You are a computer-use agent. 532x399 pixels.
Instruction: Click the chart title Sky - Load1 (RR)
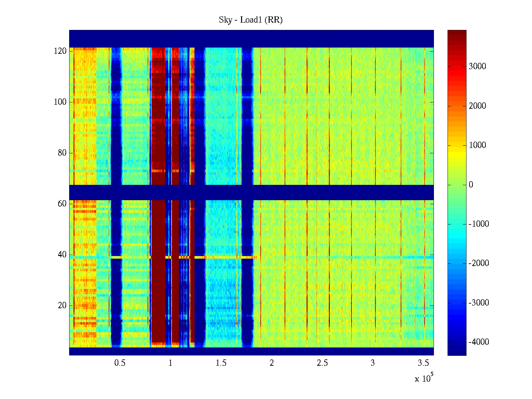250,20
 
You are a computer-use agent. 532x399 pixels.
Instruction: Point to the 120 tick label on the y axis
60,51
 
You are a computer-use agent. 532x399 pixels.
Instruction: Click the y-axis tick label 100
60,102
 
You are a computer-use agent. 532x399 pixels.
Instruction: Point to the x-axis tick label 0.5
120,363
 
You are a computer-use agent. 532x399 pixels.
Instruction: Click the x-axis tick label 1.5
221,363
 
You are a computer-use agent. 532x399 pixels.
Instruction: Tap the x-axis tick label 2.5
322,363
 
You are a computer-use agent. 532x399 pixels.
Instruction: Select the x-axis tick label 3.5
423,363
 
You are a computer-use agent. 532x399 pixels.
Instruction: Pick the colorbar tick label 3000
477,66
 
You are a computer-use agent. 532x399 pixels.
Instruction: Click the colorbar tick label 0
471,185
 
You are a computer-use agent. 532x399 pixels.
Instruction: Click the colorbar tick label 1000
477,145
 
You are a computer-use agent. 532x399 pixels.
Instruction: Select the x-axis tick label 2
272,363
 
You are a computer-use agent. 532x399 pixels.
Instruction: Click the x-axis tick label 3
373,363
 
